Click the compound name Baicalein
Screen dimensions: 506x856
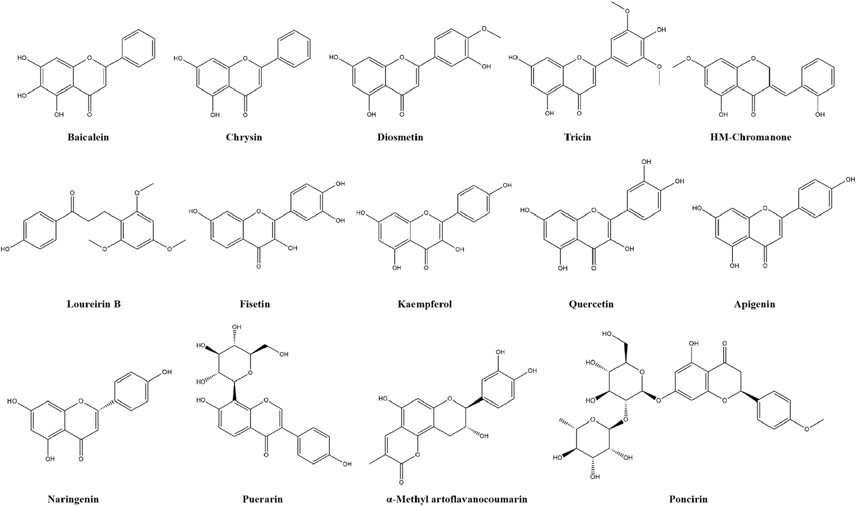[x=88, y=137]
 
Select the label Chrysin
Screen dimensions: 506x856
[x=244, y=137]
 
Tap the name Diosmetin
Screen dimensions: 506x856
[x=400, y=137]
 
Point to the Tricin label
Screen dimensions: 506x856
[x=577, y=137]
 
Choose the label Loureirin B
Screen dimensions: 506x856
[x=94, y=304]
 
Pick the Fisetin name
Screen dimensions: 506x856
[x=255, y=304]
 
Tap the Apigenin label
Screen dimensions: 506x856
[x=755, y=304]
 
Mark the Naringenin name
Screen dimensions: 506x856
[x=73, y=499]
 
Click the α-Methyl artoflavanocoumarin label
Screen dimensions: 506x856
[x=457, y=499]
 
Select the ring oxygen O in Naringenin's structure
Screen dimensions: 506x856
[x=80, y=401]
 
